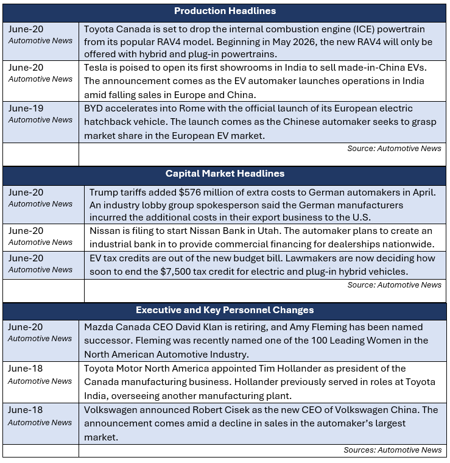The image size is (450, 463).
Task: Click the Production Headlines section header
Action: point(225,11)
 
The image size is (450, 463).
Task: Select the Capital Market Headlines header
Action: point(225,174)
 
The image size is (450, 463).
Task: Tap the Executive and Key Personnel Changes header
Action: point(225,310)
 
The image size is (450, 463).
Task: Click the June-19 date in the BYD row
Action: point(26,108)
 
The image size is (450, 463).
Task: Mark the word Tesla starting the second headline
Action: point(97,68)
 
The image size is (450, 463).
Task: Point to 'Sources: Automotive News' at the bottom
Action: point(392,450)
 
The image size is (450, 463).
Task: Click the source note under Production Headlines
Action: point(394,148)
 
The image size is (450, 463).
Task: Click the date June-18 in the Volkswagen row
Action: point(26,410)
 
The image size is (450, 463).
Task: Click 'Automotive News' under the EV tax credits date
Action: point(40,269)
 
